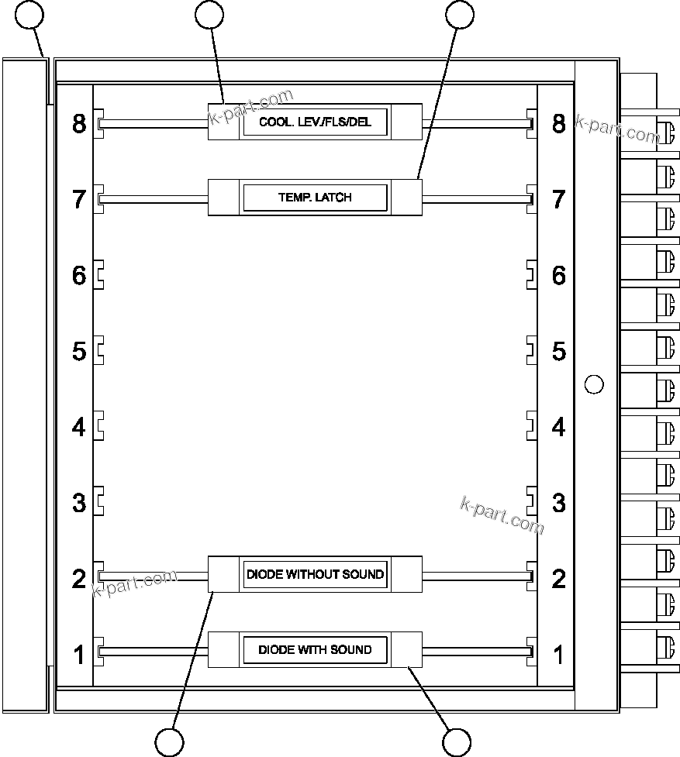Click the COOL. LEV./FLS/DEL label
[x=315, y=122]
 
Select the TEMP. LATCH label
[x=315, y=198]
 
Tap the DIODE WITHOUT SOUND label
[x=315, y=575]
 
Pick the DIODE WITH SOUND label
[x=315, y=649]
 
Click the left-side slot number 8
[x=79, y=123]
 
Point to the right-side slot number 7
[x=558, y=199]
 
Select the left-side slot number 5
[x=79, y=351]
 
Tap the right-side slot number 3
[x=558, y=503]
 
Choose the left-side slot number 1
[x=79, y=655]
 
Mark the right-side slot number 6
[x=558, y=275]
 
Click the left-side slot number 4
[x=79, y=427]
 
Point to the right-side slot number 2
[x=558, y=579]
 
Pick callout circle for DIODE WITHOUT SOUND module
[x=170, y=742]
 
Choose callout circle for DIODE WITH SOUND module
[x=457, y=742]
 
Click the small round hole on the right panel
[x=593, y=384]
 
